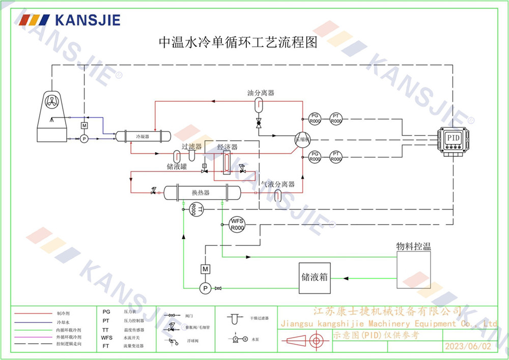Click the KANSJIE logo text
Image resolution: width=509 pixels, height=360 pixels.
(87, 20)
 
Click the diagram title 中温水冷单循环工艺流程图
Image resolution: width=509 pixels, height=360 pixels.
(238, 43)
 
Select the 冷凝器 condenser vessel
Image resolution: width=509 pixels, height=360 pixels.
(142, 136)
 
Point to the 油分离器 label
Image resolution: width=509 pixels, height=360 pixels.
(261, 93)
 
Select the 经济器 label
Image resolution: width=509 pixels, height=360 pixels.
(227, 147)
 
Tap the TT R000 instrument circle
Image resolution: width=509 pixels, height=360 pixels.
(196, 209)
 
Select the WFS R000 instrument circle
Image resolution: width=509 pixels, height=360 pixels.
(237, 224)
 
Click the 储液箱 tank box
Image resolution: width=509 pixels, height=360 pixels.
(314, 278)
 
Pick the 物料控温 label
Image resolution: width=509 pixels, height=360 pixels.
(413, 246)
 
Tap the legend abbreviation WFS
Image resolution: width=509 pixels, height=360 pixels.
(106, 337)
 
